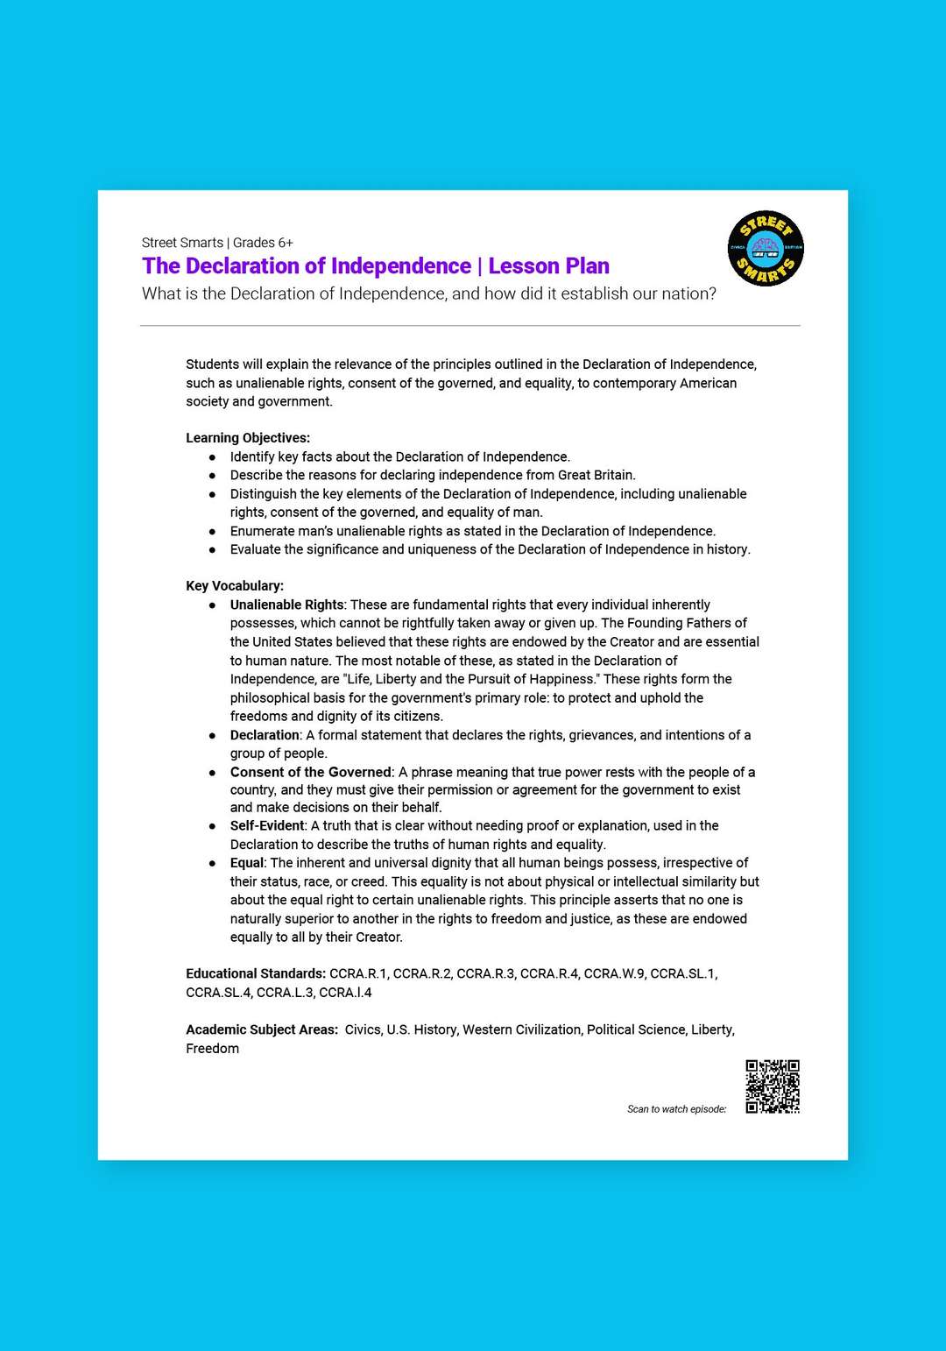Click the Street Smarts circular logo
point(766,249)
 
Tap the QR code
point(773,1086)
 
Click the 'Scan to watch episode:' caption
point(676,1109)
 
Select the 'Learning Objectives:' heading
point(248,438)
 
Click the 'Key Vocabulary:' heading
point(235,586)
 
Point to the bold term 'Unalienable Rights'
point(286,605)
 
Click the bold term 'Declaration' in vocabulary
point(265,735)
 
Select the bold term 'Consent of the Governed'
point(310,772)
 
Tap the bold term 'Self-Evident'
point(267,825)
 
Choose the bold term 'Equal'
point(246,863)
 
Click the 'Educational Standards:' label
point(256,973)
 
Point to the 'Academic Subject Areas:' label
point(262,1029)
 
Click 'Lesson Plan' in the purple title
point(548,266)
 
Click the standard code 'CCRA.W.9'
point(613,973)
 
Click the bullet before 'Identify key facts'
point(212,457)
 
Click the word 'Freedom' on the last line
point(212,1049)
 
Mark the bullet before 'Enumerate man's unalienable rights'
point(212,532)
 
